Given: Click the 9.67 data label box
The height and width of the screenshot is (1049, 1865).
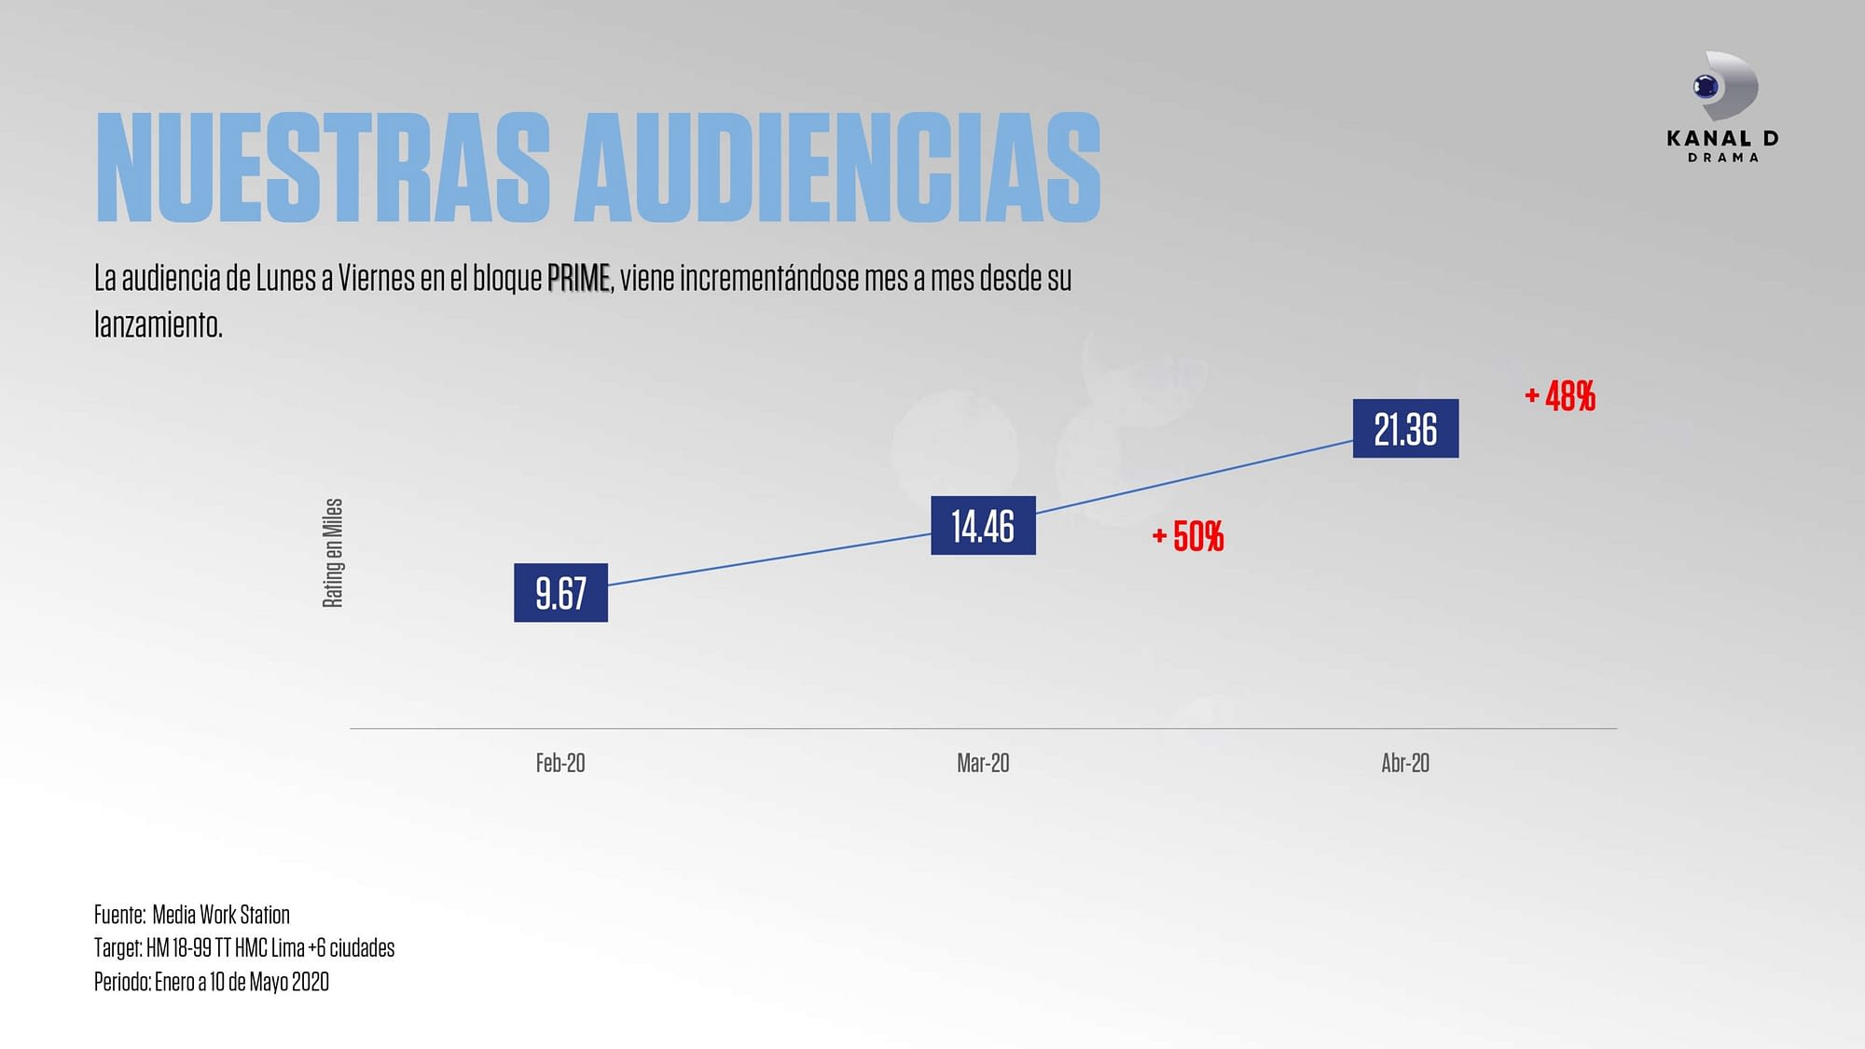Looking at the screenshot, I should pos(560,593).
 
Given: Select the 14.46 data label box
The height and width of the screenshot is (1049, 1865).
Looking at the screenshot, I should pos(983,526).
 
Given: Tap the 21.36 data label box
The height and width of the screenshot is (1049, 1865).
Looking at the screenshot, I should pos(1405,429).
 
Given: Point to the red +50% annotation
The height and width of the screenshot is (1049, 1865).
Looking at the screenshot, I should pos(1188,536).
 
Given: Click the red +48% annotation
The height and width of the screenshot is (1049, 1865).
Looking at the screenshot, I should pos(1560,396).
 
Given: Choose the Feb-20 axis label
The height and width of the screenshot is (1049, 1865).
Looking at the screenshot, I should pos(560,763).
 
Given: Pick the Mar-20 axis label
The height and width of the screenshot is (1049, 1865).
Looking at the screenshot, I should pos(983,763).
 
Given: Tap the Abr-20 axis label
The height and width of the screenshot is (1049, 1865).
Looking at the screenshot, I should pos(1405,763).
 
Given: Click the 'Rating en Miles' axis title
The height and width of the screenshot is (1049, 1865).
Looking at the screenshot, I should pos(333,553).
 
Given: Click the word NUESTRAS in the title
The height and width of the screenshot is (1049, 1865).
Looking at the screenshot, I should pos(323,168).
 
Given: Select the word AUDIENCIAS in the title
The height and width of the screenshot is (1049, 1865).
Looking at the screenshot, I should pos(837,168).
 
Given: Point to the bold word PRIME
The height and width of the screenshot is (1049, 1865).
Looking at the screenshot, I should pos(578,278).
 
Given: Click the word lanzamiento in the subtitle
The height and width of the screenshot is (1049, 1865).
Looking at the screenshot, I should pos(159,324).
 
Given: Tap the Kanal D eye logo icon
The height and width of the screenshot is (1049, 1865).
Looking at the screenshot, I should pos(1723,87).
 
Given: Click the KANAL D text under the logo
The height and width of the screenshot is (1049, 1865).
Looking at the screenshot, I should pos(1722,138).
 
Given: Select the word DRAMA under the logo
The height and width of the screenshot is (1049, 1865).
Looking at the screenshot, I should pos(1723,158).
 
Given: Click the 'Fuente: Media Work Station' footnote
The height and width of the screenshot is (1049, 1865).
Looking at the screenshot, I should pos(192,914).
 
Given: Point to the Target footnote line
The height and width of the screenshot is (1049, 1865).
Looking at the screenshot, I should pos(244,947).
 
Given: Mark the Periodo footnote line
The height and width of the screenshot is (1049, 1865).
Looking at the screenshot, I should pos(212,981).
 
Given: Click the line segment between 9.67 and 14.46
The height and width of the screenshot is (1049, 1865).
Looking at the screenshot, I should pos(769,559).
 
